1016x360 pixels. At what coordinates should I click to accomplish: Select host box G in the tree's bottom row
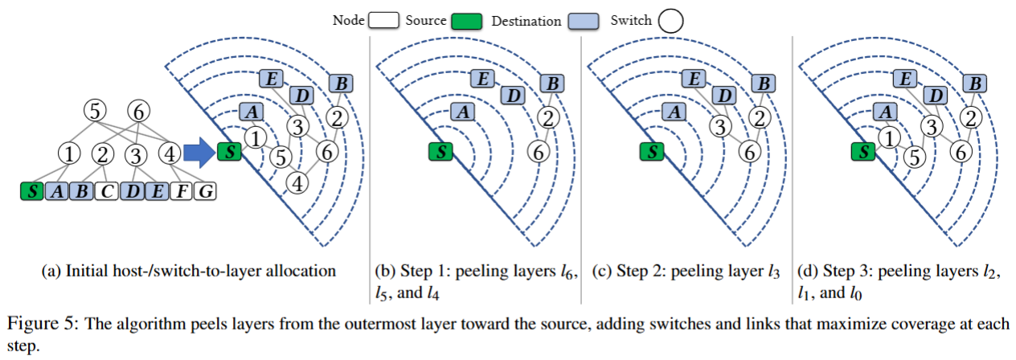click(207, 191)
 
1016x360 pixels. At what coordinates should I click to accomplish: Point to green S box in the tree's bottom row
click(31, 191)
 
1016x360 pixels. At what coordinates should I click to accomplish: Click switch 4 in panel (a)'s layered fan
click(298, 183)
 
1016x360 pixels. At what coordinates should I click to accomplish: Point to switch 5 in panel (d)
click(913, 157)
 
